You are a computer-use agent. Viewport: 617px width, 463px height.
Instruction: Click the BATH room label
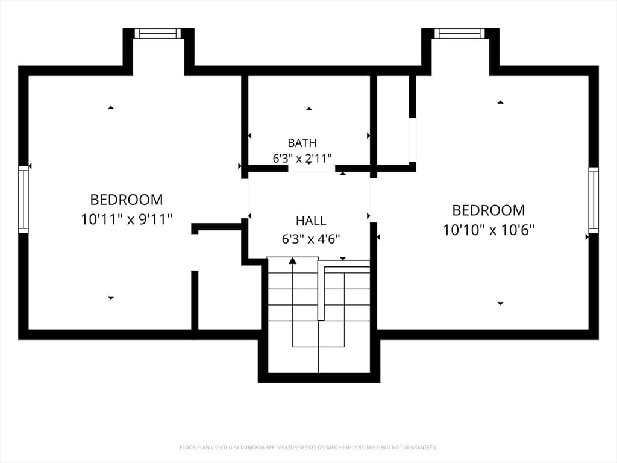click(302, 143)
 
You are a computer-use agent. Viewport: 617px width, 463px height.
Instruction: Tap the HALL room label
click(311, 221)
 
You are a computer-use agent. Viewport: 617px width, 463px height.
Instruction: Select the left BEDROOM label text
click(127, 200)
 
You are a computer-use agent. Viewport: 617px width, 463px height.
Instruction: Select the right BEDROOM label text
click(488, 210)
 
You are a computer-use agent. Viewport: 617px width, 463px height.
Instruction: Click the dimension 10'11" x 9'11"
click(127, 219)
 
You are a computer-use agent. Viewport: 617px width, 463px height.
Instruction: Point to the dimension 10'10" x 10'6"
click(488, 230)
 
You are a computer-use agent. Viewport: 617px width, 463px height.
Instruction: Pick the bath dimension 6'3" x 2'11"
click(302, 159)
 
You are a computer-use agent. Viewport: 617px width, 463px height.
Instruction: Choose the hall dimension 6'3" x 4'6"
click(311, 239)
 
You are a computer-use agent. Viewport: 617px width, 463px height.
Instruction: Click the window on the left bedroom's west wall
click(23, 199)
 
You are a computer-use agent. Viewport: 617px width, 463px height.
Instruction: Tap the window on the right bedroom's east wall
click(594, 200)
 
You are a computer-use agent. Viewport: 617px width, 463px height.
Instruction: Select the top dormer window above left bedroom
click(158, 34)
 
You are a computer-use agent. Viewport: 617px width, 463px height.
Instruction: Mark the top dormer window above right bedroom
click(458, 34)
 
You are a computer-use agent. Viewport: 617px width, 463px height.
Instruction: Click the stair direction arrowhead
click(292, 260)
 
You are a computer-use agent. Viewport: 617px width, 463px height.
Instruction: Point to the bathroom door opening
click(312, 169)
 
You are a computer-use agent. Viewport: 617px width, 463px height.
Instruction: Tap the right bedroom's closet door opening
click(412, 140)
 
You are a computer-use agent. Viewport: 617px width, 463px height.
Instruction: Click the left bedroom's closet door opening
click(195, 252)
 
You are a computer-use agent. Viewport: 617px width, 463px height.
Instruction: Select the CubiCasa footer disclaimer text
click(308, 447)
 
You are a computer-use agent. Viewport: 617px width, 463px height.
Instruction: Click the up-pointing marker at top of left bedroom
click(111, 107)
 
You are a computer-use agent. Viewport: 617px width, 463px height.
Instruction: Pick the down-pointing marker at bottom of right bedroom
click(500, 304)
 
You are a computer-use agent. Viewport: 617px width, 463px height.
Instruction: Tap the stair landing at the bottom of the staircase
click(319, 359)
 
